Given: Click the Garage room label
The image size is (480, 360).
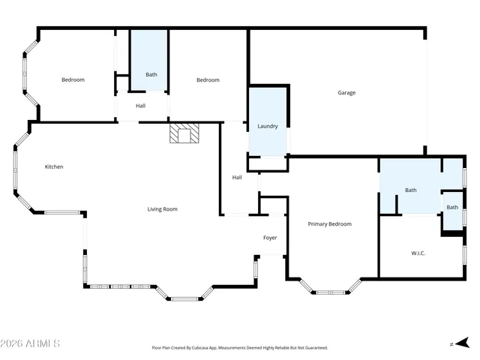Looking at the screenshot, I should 346,93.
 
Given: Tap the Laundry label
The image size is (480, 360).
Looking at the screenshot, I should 268,127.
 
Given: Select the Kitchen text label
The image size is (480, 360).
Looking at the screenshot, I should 54,166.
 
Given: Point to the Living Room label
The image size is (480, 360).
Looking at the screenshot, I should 162,209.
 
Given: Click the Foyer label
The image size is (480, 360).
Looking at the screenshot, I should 270,238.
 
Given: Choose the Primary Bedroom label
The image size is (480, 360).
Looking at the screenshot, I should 330,223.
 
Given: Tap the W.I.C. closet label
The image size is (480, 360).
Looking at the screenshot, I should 418,253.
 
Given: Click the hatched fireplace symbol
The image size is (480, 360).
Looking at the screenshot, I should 185,134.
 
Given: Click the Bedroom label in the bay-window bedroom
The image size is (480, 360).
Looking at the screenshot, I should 73,80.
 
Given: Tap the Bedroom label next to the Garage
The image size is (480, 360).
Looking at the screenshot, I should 208,80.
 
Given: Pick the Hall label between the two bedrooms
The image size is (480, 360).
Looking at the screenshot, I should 140,106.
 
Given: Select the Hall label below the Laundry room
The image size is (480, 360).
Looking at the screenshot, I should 237,177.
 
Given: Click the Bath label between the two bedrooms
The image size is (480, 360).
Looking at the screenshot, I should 151,74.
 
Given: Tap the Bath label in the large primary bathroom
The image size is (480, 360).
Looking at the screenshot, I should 411,190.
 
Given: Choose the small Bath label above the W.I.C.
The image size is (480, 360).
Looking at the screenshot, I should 452,207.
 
